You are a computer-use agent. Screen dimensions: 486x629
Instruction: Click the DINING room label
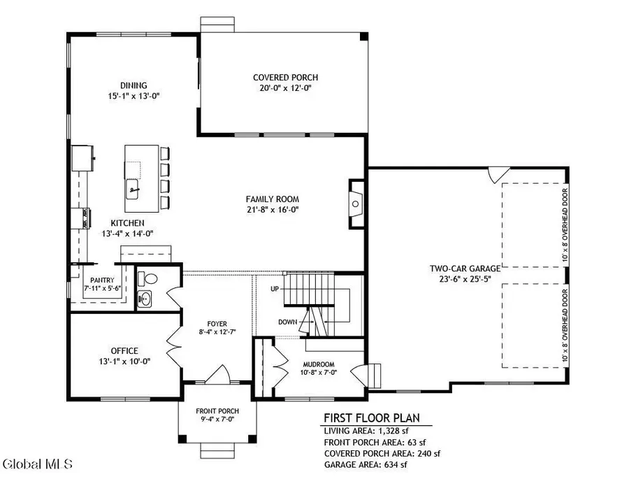click(x=133, y=85)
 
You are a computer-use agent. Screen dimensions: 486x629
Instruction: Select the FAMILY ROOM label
click(x=282, y=198)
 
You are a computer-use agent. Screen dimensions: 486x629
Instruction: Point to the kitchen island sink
click(x=133, y=187)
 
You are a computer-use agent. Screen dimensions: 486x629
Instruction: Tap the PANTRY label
click(x=101, y=280)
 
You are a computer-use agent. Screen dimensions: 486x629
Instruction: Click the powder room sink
click(x=144, y=299)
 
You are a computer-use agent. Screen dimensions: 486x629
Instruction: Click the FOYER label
click(x=217, y=323)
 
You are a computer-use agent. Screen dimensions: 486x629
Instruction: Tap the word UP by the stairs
click(x=276, y=288)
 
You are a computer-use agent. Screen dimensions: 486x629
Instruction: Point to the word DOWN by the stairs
click(x=287, y=322)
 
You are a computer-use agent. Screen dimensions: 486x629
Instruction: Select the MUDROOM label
click(x=318, y=364)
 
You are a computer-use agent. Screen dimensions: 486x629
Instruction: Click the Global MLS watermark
click(x=42, y=464)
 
